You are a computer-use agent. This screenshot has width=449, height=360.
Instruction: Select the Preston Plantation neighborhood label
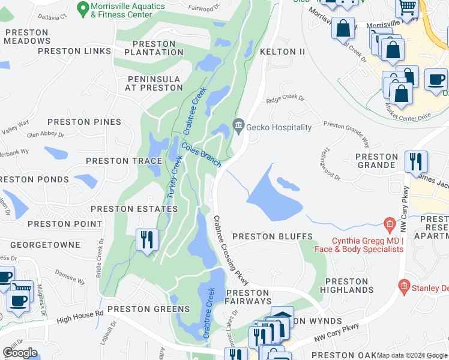[x=154, y=48]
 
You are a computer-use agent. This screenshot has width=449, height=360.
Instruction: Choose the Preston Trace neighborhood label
[x=124, y=161]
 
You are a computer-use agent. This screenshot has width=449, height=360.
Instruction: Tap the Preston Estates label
[x=134, y=209]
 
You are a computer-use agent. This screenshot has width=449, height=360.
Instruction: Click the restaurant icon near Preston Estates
[x=147, y=240]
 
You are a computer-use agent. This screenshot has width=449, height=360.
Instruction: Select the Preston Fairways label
[x=249, y=296]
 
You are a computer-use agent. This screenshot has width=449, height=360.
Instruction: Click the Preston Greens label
[x=148, y=310]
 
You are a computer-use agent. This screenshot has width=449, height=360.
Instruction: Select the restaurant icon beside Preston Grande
[x=415, y=161]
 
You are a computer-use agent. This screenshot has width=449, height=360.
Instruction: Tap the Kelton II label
[x=283, y=52]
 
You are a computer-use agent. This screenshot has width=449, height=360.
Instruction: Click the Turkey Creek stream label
[x=174, y=177]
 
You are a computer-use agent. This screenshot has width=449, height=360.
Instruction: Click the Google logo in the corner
[x=19, y=352]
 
